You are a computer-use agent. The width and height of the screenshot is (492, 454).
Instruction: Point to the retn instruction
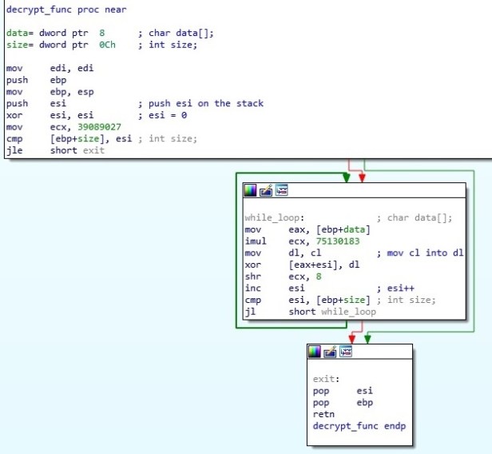point(323,415)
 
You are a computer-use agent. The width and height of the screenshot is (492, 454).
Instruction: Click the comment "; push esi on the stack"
point(200,103)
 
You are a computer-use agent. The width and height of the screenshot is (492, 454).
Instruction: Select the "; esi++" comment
point(398,288)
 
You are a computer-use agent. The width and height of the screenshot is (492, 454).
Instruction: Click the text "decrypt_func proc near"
point(65,10)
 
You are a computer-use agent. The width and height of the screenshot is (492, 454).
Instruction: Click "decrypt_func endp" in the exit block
point(359,426)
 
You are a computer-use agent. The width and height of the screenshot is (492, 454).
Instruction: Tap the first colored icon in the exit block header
point(314,352)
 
